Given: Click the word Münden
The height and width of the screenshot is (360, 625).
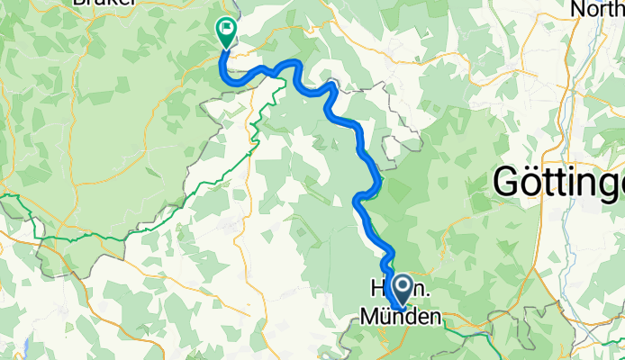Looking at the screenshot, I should pyautogui.click(x=401, y=317).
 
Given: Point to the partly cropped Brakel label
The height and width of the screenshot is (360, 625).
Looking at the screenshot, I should pyautogui.click(x=104, y=3).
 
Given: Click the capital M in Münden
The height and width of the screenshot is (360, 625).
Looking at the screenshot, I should pyautogui.click(x=369, y=317).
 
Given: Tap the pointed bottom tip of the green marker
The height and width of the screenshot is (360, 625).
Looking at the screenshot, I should pyautogui.click(x=222, y=49).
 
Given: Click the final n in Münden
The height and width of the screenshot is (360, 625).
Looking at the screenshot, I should pyautogui.click(x=436, y=317).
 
